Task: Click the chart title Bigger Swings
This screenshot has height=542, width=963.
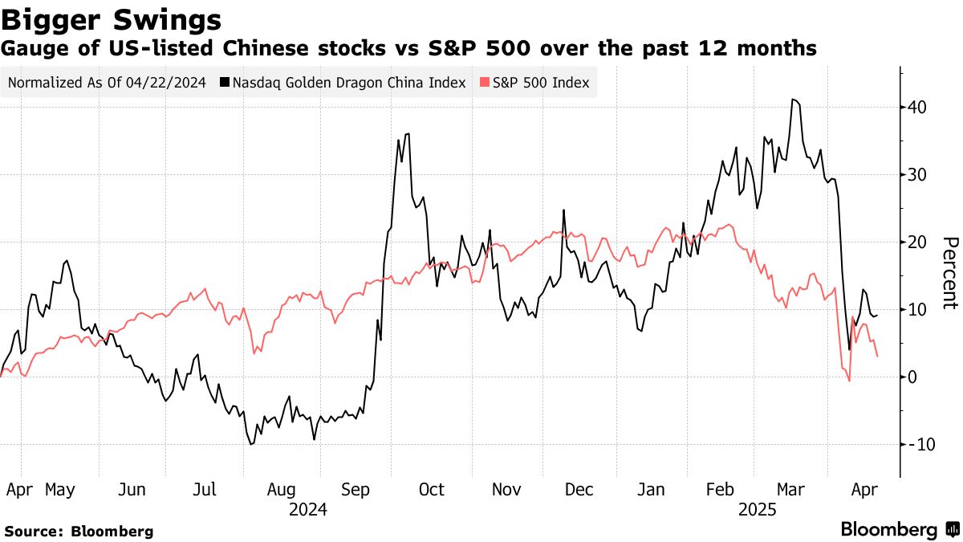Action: tap(112, 18)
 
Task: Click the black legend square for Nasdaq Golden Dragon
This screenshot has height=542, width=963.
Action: tap(228, 83)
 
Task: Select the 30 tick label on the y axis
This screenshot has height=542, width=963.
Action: tap(917, 174)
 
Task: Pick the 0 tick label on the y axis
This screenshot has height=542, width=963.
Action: tap(912, 377)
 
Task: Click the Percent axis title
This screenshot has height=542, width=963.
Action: tap(950, 273)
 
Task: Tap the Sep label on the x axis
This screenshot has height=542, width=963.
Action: tap(356, 489)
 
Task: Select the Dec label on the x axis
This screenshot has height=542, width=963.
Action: tap(579, 489)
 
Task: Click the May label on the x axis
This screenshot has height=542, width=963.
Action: tap(61, 489)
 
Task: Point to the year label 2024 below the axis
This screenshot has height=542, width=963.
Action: tap(307, 508)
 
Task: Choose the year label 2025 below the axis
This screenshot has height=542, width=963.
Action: tap(758, 508)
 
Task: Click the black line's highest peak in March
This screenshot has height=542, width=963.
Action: tap(793, 100)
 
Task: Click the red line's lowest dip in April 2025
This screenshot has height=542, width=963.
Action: tap(848, 381)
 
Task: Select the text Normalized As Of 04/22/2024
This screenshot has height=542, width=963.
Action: tap(107, 83)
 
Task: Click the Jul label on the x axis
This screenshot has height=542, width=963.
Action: tap(206, 489)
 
